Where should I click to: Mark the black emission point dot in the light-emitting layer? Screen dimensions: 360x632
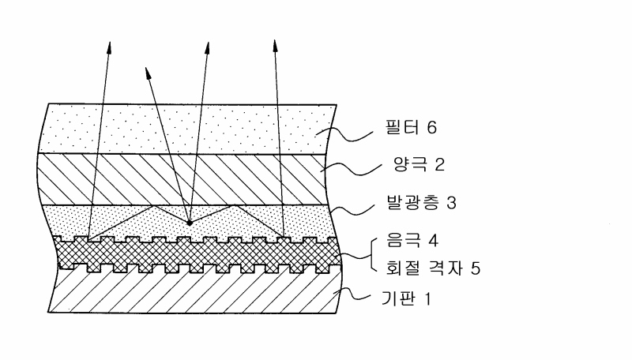(x=189, y=223)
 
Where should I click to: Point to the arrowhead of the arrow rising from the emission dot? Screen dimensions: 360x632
(x=207, y=39)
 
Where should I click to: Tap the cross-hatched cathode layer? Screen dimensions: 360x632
(x=190, y=252)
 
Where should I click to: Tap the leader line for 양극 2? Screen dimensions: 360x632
(x=359, y=167)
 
